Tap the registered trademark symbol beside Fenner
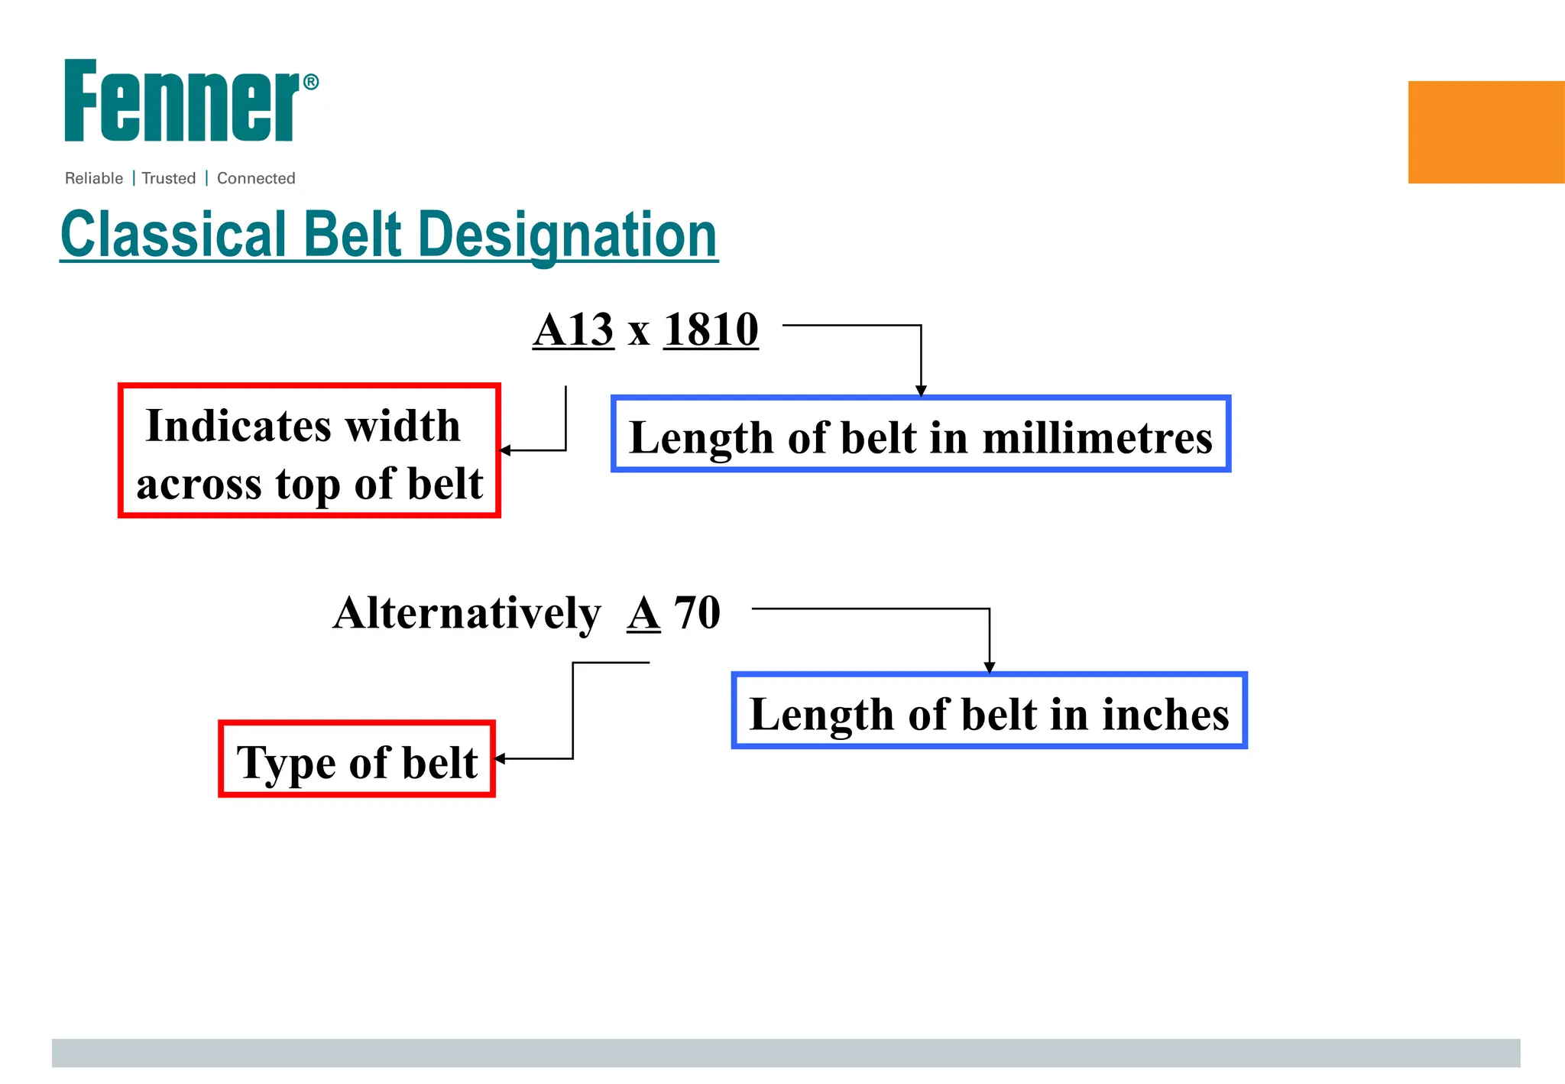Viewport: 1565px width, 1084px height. [x=311, y=82]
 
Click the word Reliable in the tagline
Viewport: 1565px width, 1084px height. [x=94, y=178]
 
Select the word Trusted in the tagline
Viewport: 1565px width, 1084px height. [x=169, y=178]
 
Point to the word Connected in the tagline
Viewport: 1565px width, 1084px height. [x=256, y=178]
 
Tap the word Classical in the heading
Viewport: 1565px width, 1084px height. [x=173, y=235]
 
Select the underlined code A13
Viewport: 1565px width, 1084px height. [x=573, y=330]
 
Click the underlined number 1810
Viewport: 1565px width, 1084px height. [x=711, y=330]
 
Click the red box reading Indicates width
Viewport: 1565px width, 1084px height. [x=309, y=451]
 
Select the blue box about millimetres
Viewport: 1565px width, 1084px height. [x=921, y=434]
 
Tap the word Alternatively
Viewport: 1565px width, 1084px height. [x=467, y=613]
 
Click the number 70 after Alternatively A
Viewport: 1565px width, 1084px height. [x=697, y=613]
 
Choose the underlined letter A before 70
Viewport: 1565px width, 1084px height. [x=643, y=613]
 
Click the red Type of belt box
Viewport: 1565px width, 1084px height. [x=357, y=759]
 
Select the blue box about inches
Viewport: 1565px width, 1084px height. [x=990, y=711]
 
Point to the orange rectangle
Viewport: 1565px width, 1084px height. [x=1486, y=132]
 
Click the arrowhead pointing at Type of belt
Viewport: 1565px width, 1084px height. [x=501, y=758]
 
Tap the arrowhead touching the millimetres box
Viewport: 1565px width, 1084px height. [x=921, y=391]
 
